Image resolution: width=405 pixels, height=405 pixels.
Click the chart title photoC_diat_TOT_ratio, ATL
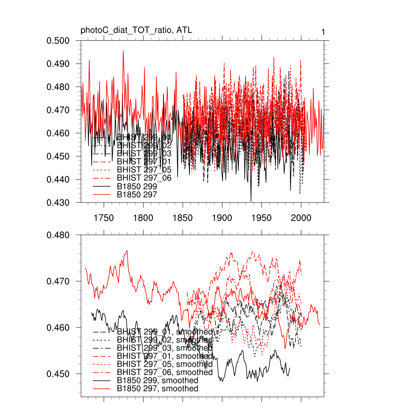point(136,30)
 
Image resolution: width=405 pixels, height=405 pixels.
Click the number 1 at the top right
point(323,32)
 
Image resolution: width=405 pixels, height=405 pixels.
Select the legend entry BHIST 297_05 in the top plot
point(144,170)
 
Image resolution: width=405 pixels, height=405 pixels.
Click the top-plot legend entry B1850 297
point(137,195)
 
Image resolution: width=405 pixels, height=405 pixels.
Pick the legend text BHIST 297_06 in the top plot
point(144,178)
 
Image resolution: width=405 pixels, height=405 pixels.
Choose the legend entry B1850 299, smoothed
point(157,380)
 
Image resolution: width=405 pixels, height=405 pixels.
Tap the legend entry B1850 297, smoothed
point(157,389)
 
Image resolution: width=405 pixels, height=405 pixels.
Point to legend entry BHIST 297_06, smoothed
point(165,372)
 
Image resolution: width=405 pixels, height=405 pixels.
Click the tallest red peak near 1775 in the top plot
point(123,51)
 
